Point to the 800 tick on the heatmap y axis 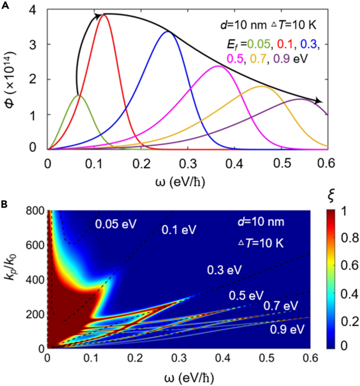34,210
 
